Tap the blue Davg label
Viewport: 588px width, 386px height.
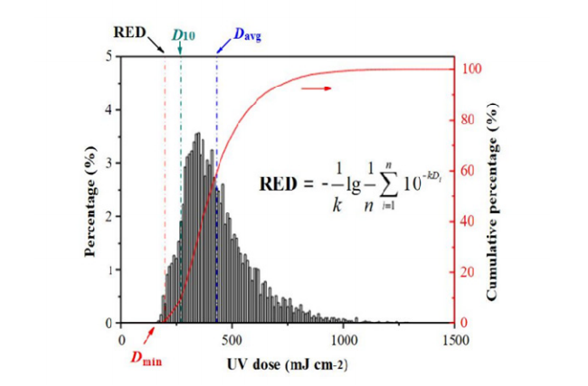coord(246,35)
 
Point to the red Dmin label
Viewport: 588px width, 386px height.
coord(147,357)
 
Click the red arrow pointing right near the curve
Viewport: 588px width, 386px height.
coord(314,88)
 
